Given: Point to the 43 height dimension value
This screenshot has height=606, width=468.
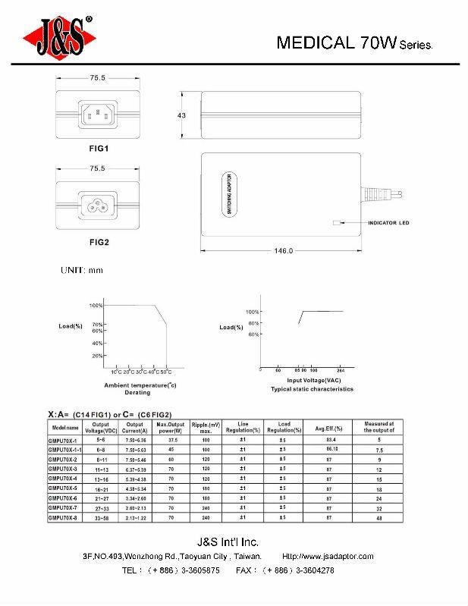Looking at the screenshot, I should pos(182,115).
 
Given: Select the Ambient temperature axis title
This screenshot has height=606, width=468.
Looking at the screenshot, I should pos(140,385).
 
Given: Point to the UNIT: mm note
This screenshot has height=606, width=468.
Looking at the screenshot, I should pos(81,269).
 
